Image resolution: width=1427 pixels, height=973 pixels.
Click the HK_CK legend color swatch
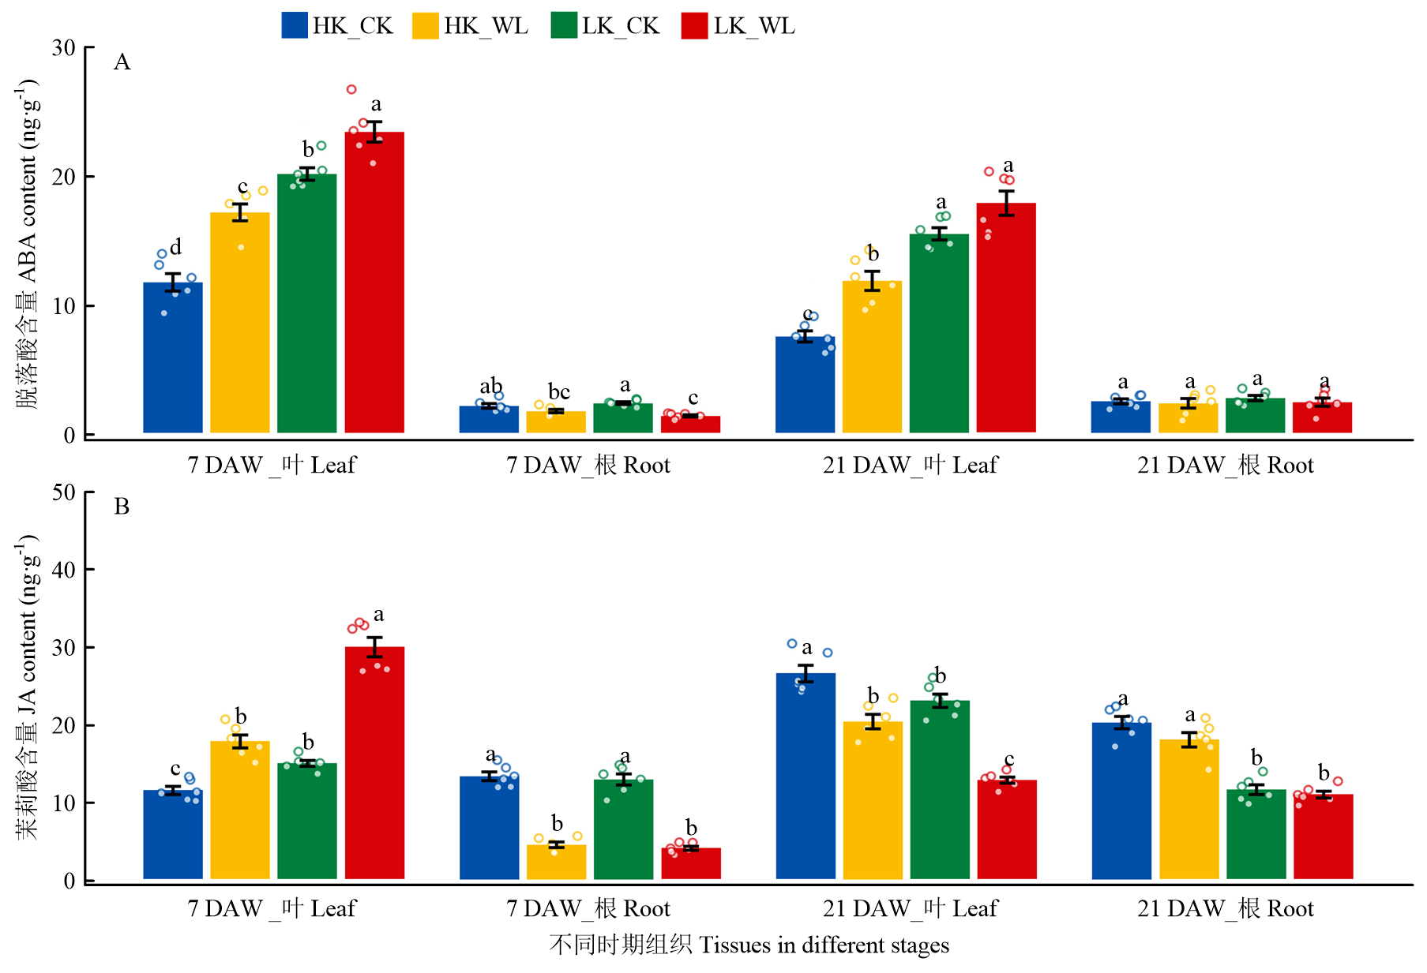295,25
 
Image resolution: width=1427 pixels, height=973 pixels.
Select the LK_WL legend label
754,26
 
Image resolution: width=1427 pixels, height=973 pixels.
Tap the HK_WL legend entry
471,26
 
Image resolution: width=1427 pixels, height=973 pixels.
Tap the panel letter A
122,62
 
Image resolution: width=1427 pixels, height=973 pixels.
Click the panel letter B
122,506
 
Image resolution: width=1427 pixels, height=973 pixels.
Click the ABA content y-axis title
27,243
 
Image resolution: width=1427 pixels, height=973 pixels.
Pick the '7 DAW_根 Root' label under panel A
588,465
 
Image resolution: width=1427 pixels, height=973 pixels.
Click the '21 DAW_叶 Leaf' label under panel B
910,908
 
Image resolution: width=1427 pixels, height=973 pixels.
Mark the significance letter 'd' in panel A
175,247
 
